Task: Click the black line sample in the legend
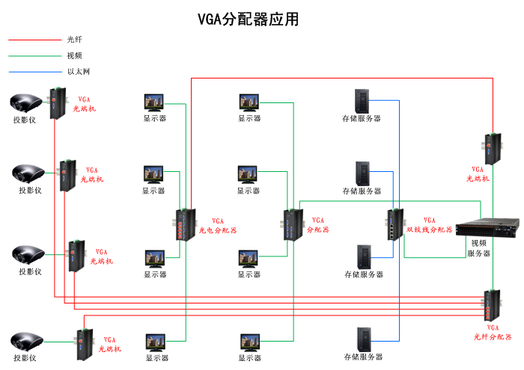[34, 40]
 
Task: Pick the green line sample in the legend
[34, 55]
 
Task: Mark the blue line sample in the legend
[34, 72]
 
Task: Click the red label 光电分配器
[218, 230]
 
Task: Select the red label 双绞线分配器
[429, 229]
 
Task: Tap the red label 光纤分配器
[493, 336]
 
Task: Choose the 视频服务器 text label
[479, 248]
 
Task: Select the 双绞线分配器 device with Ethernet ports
[394, 223]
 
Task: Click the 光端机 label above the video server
[478, 179]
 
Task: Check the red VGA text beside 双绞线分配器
[429, 221]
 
